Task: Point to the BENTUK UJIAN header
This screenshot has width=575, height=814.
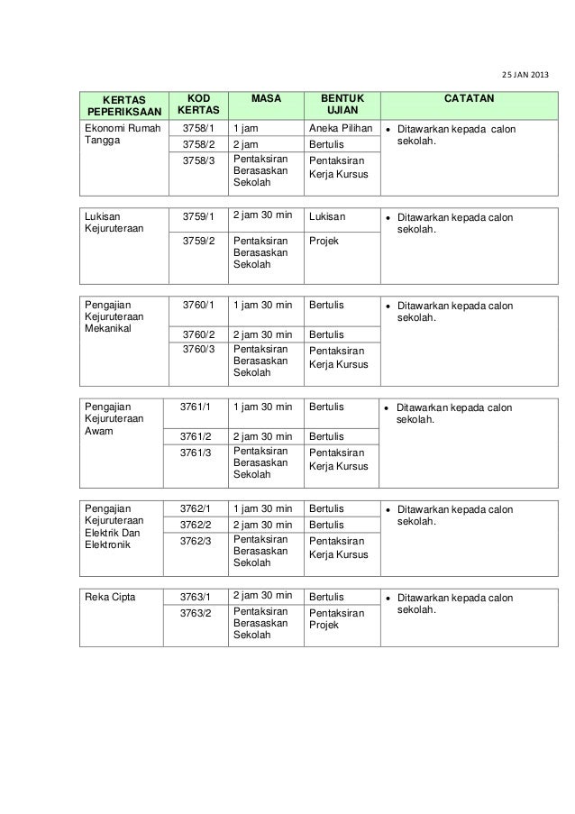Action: (342, 104)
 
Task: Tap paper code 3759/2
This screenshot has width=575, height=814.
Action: (198, 242)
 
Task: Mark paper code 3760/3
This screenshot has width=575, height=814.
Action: (198, 349)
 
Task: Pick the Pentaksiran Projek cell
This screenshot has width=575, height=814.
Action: (336, 619)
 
